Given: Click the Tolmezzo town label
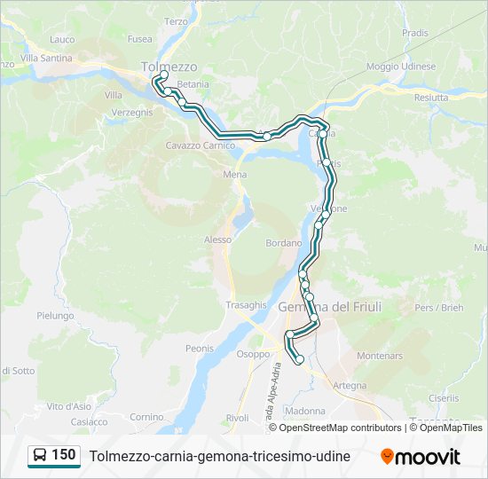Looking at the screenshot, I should coord(169,67).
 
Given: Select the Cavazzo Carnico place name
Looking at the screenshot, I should coord(200,145).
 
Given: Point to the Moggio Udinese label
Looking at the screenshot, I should coord(401,67).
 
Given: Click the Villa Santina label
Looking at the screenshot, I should coord(46,58).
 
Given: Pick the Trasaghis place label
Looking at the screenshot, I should coord(246,304).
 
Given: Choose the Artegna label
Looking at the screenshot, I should coord(350,385).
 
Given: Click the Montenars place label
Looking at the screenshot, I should coord(380,356).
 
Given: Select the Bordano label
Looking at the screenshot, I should coord(284,242).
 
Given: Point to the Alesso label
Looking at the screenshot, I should coord(217,239).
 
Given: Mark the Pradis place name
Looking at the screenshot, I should coord(414,33).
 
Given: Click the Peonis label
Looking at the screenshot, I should coord(200,349).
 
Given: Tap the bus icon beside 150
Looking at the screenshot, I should coord(41,456).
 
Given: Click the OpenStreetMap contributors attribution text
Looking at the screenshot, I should coord(340,428).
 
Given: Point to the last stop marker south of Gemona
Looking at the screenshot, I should coord(299,359).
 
